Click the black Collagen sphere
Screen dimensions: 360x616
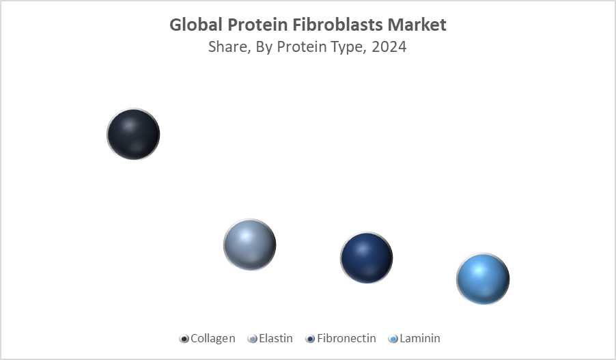tap(133, 134)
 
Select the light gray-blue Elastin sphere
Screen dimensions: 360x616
tap(249, 245)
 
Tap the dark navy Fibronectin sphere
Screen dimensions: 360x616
tap(367, 258)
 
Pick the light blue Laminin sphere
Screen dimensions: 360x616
tap(483, 279)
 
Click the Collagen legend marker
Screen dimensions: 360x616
tap(184, 339)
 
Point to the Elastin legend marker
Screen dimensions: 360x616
tap(253, 339)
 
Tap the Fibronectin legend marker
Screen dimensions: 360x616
tap(311, 339)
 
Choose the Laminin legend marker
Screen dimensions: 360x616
tap(393, 339)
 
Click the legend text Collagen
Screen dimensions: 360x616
tap(213, 338)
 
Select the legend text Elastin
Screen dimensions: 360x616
tap(276, 338)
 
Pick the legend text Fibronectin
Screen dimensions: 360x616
tap(346, 338)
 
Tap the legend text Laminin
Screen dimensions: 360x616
tap(419, 338)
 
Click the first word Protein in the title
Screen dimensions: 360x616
tap(252, 25)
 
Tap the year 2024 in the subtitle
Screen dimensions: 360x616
tap(390, 48)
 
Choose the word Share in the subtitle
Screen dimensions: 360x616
tap(227, 48)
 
